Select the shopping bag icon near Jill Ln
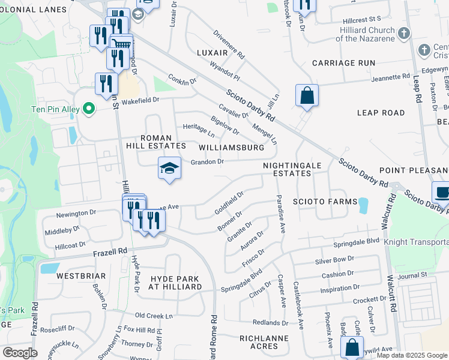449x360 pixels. (x=307, y=95)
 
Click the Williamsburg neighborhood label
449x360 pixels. (x=231, y=147)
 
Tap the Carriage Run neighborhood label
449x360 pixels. (x=343, y=62)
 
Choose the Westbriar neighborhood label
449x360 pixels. (x=81, y=276)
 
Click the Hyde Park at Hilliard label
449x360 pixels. (x=176, y=283)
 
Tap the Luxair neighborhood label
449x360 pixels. (x=213, y=53)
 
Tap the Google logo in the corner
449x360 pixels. (x=20, y=353)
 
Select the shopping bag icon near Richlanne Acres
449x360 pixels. (x=352, y=347)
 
